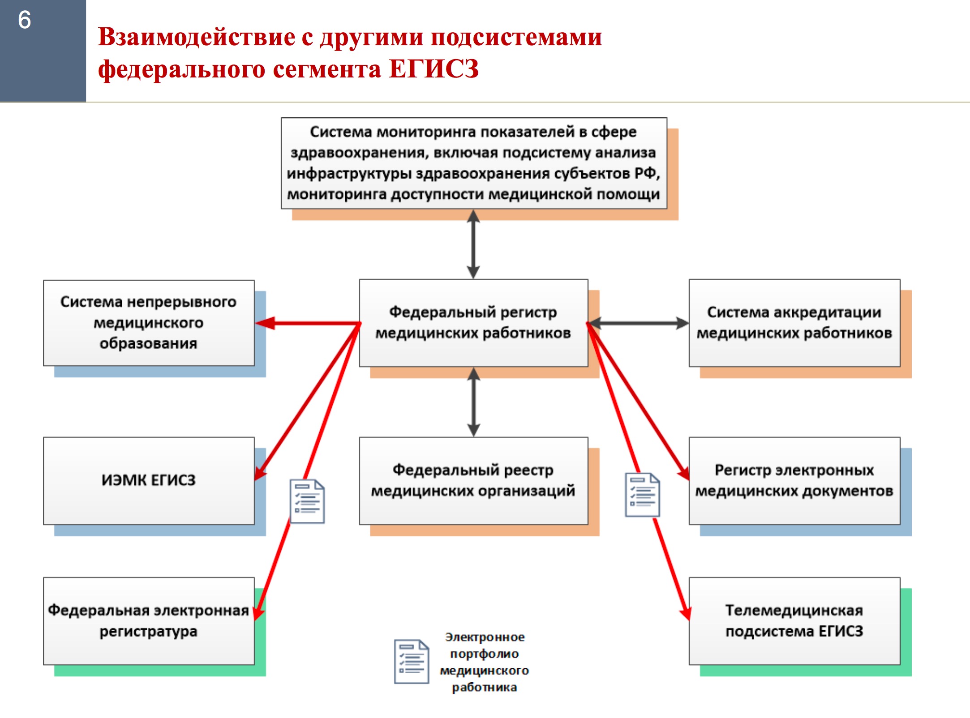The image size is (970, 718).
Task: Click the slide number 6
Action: [x=25, y=20]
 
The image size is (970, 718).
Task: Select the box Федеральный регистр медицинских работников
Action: [x=473, y=323]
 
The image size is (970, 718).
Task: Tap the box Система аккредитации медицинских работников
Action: [x=794, y=323]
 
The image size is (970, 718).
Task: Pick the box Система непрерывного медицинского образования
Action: [x=149, y=323]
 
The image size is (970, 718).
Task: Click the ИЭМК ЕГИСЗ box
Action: [x=149, y=481]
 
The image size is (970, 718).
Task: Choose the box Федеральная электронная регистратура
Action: [x=149, y=621]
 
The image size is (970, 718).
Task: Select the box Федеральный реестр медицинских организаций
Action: [x=473, y=481]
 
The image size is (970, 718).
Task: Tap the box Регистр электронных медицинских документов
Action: [x=794, y=481]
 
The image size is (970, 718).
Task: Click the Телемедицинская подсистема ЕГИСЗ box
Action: [x=794, y=621]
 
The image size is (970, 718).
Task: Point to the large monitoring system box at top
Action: [x=474, y=163]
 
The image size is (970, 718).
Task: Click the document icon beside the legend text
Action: [x=412, y=662]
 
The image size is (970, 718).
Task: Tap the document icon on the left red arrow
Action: [x=307, y=501]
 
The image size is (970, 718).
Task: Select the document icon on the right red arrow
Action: [x=643, y=495]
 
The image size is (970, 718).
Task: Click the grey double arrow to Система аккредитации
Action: [x=639, y=323]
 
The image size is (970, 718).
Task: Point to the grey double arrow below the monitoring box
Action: [x=473, y=244]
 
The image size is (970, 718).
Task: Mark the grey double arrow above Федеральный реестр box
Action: [x=473, y=402]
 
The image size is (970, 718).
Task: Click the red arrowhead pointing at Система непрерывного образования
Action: [x=265, y=323]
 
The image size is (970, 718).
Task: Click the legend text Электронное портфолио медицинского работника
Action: [x=484, y=662]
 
